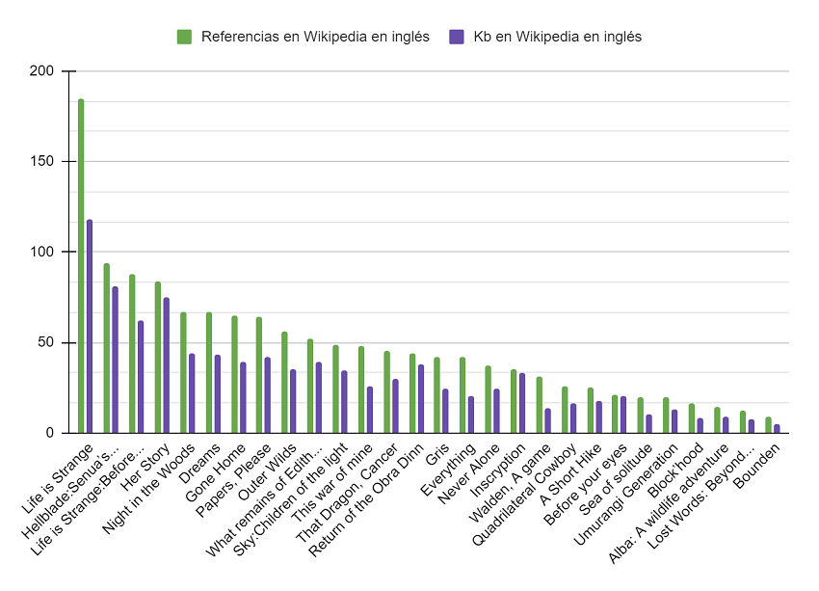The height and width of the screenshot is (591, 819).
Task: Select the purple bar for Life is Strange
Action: point(90,327)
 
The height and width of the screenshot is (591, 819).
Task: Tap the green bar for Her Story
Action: point(157,358)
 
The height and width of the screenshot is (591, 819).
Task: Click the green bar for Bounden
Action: point(768,425)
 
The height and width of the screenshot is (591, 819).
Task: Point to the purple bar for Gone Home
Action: point(243,398)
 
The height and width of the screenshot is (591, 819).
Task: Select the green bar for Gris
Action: point(436,395)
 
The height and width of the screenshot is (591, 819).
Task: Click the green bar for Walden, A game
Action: point(539,405)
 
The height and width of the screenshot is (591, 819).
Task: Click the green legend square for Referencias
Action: point(184,37)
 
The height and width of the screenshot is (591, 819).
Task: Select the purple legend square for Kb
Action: point(457,37)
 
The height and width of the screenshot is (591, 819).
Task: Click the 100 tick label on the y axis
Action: point(43,253)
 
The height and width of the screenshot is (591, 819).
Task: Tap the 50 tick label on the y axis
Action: point(47,343)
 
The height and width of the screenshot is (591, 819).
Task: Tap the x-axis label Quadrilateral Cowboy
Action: point(524,493)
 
